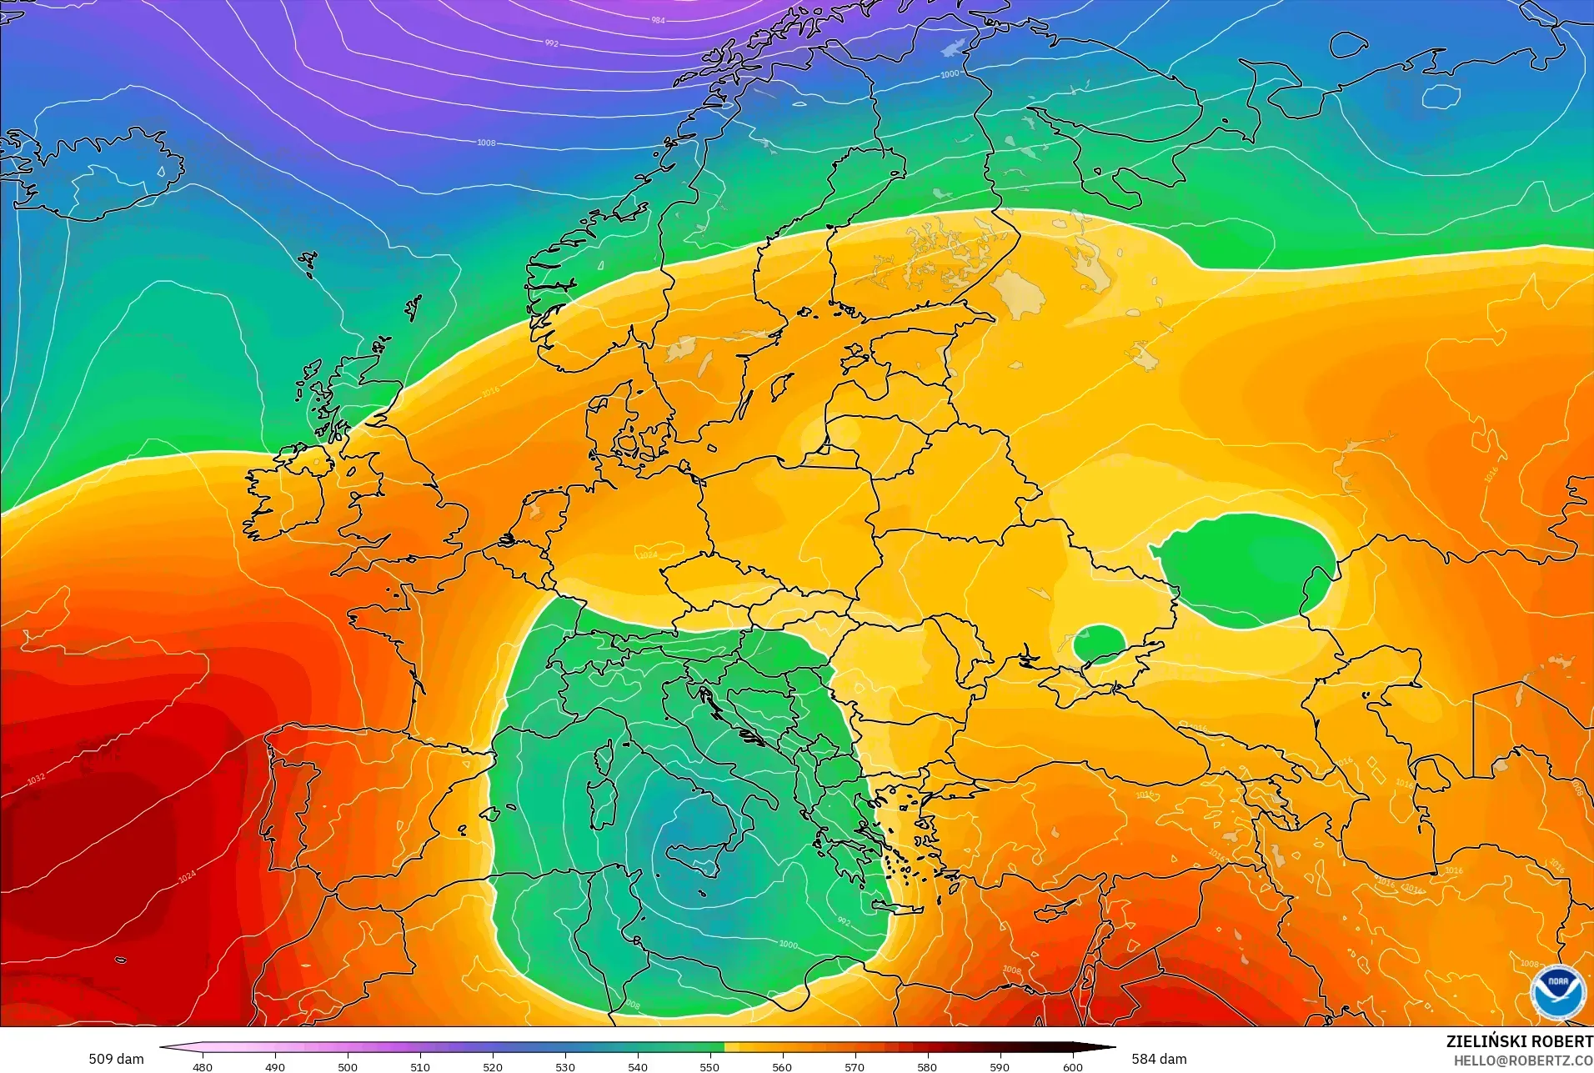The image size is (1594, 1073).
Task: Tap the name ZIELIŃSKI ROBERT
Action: click(1519, 1041)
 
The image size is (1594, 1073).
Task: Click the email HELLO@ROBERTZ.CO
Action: click(1523, 1060)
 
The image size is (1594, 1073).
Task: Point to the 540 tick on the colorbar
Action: click(638, 1066)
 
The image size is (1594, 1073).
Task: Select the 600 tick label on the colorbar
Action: click(1072, 1066)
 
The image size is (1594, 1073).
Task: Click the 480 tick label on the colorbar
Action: click(203, 1066)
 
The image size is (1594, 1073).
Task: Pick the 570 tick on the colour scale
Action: click(855, 1066)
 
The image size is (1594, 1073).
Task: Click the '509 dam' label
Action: click(116, 1059)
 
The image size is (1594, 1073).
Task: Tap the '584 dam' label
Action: click(1159, 1059)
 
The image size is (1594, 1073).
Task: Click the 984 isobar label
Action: click(658, 20)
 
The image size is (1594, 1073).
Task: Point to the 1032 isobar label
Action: click(36, 779)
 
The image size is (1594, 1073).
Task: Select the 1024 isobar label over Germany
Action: click(648, 554)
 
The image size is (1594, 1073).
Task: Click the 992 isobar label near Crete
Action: click(844, 921)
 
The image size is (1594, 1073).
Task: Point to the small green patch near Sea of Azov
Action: click(1099, 643)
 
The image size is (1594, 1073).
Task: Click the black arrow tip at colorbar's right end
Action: click(1112, 1047)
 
